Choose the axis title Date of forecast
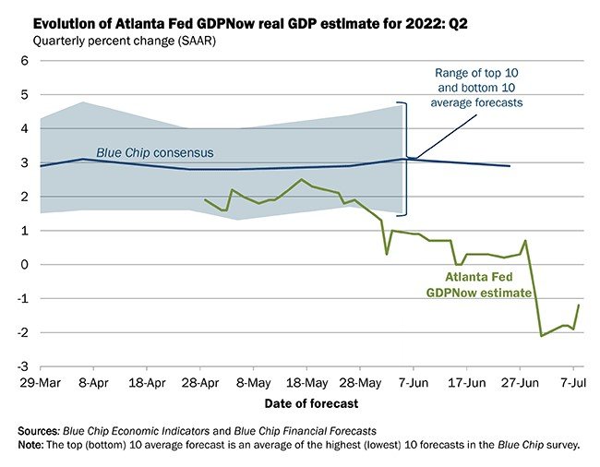pos(312,402)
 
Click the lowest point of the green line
pos(541,335)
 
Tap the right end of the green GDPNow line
pos(579,305)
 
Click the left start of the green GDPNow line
pos(204,199)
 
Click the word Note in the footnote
pos(35,444)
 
